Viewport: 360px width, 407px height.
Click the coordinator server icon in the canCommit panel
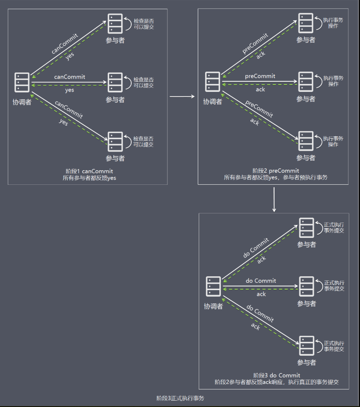tap(22, 82)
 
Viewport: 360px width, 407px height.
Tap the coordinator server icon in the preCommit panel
tap(213, 82)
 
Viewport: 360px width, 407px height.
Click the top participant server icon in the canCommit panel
tap(115, 23)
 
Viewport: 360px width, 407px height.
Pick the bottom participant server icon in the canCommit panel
tap(115, 141)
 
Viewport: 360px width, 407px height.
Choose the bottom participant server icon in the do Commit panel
tap(306, 345)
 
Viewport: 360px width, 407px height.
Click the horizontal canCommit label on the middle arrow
tap(69, 76)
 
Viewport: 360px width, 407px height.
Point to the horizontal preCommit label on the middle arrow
tap(260, 76)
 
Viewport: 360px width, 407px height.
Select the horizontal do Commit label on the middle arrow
tap(261, 280)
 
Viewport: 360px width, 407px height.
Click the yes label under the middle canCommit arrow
tap(69, 90)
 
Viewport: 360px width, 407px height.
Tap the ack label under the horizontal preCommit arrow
tap(261, 90)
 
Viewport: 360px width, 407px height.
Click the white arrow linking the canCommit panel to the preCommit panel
tap(182, 97)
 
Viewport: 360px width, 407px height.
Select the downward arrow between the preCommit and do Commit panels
tap(274, 199)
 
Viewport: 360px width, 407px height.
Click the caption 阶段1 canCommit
tap(90, 171)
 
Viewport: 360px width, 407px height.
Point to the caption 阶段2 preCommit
tap(275, 170)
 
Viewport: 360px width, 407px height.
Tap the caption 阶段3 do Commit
tap(276, 375)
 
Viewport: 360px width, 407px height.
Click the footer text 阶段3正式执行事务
tap(180, 398)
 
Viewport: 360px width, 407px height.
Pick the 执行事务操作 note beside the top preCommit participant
tap(333, 23)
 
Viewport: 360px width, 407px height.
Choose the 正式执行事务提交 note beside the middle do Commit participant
tap(334, 286)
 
